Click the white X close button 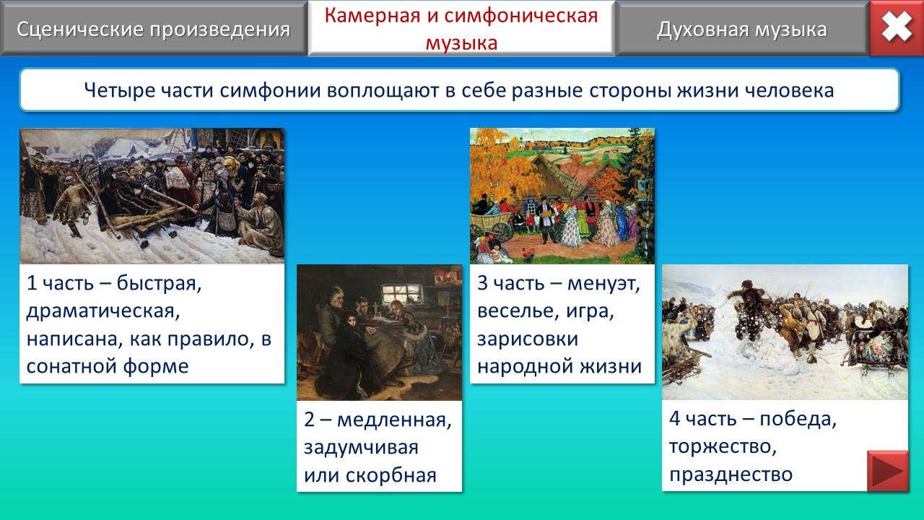[897, 27]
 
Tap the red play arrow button [888, 471]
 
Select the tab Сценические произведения [154, 29]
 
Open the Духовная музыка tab [741, 29]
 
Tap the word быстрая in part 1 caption [159, 283]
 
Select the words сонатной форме [108, 366]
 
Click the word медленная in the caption [394, 420]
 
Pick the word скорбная [391, 475]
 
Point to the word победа [798, 419]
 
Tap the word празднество [731, 474]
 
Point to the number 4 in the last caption [674, 419]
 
